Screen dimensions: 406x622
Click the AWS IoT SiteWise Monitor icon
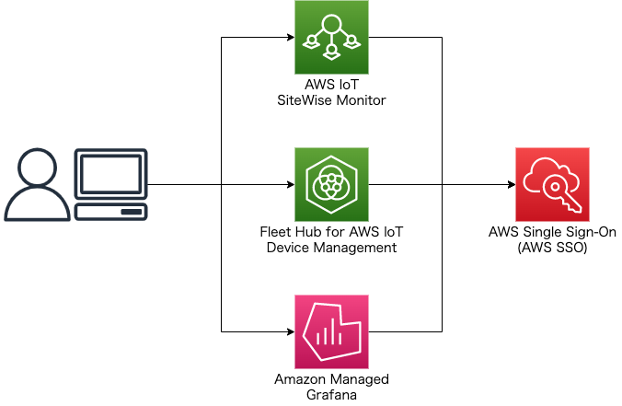(331, 38)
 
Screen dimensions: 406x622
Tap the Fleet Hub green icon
(331, 184)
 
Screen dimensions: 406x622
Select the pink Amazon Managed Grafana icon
(331, 331)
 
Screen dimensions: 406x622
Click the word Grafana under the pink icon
(331, 395)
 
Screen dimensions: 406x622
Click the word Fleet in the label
(277, 231)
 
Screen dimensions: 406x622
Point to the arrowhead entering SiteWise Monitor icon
(289, 38)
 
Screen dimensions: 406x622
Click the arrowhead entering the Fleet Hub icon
(289, 184)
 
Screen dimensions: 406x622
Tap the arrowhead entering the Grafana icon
(289, 331)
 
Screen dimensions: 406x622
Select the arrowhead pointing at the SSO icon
(510, 184)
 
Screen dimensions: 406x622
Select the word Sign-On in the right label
(587, 231)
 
